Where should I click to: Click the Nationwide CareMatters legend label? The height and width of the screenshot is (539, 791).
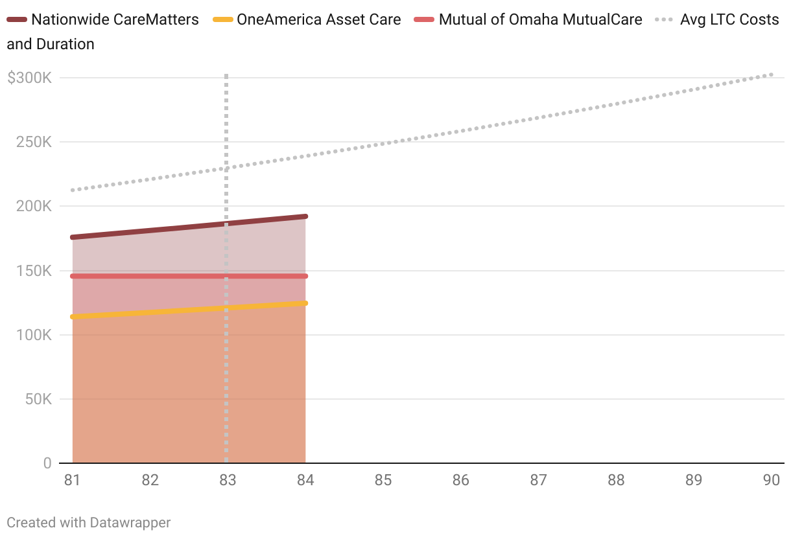[x=115, y=19]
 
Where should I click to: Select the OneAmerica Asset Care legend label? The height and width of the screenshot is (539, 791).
[x=318, y=19]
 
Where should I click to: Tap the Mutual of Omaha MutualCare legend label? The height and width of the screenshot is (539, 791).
[x=540, y=19]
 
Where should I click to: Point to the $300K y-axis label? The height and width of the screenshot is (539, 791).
[x=29, y=78]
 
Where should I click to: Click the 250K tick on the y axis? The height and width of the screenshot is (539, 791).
[x=34, y=143]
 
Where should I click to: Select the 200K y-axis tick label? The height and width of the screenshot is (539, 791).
[x=34, y=207]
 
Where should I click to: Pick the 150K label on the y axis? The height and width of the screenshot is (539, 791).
[x=34, y=271]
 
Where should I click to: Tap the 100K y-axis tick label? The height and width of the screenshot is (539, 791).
[x=34, y=335]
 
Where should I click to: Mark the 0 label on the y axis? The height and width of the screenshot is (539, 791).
[x=47, y=463]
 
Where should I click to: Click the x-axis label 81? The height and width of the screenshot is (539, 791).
[x=73, y=481]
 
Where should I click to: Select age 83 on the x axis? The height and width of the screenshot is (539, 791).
[x=228, y=481]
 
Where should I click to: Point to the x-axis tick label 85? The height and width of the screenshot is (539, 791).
[x=383, y=481]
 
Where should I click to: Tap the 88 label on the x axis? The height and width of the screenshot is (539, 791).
[x=616, y=481]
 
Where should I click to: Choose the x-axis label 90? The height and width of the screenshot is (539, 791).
[x=771, y=481]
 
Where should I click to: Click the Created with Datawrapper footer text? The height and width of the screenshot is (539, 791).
[x=89, y=522]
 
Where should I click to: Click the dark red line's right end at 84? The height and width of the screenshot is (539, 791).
[x=305, y=216]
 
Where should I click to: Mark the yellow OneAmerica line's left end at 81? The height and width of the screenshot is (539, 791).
[x=73, y=317]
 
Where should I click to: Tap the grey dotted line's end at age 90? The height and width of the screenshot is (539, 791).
[x=771, y=75]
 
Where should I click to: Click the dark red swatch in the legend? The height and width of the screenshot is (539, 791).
[x=17, y=20]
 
